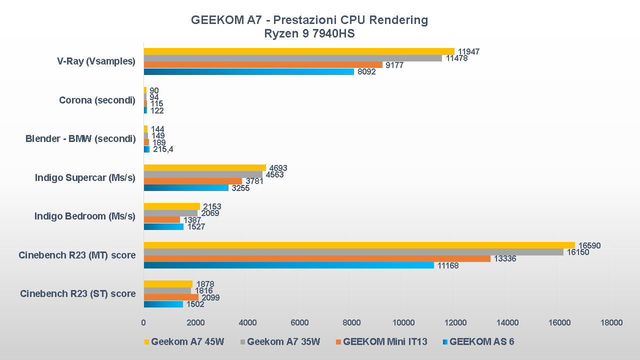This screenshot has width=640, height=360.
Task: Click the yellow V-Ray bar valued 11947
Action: (299, 51)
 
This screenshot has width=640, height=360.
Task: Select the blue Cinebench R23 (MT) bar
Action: (289, 265)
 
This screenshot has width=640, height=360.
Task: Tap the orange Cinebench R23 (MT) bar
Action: (317, 258)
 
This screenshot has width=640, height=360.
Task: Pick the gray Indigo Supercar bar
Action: (203, 174)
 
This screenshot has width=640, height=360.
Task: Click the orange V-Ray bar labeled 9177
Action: (263, 65)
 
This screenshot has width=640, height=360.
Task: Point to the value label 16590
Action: (589, 245)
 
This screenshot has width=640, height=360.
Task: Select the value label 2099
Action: (211, 297)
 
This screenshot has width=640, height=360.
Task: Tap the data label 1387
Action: (193, 220)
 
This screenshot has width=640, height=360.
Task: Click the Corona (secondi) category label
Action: (97, 100)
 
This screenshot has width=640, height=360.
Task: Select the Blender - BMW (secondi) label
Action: (80, 138)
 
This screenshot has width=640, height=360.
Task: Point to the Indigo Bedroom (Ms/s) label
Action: (85, 216)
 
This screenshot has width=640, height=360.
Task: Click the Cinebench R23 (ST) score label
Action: (77, 293)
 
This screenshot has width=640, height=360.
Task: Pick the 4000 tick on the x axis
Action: (247, 322)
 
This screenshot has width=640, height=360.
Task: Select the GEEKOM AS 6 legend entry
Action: (481, 342)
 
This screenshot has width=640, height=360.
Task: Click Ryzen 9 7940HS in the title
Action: (309, 34)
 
